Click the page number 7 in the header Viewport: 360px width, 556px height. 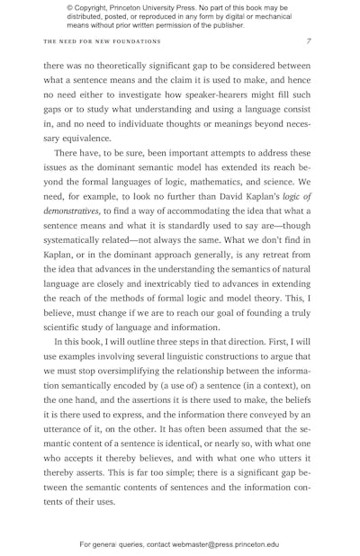click(309, 41)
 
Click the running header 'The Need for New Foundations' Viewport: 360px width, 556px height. click(102, 41)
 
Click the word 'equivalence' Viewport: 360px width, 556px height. click(81, 139)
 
